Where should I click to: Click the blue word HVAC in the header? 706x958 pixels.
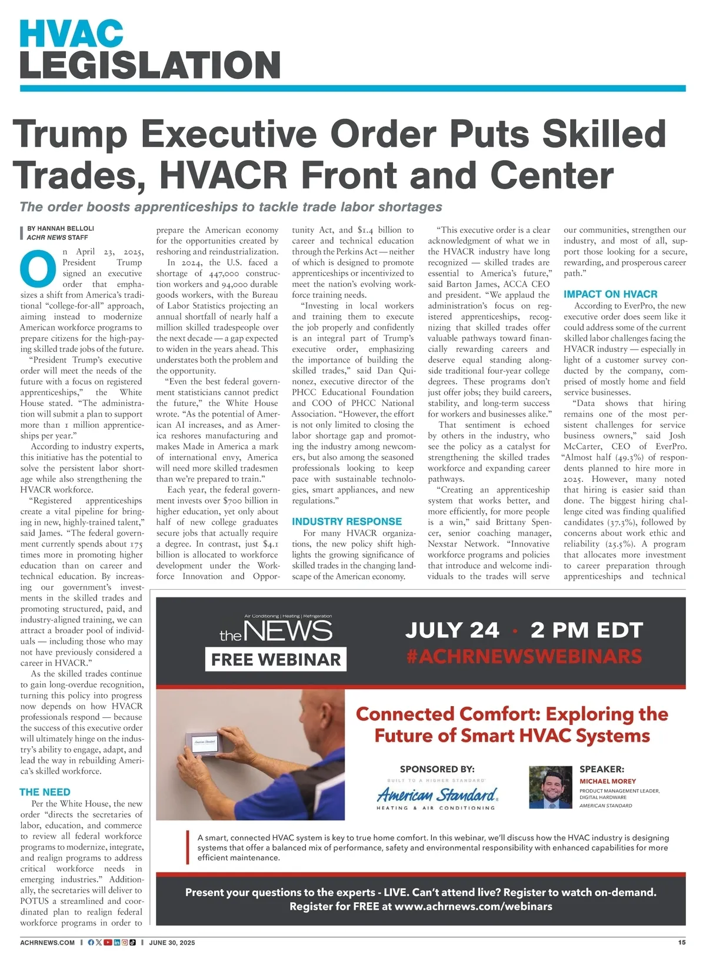[71, 34]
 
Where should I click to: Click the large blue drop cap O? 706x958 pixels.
[38, 268]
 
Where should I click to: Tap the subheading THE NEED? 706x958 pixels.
[45, 792]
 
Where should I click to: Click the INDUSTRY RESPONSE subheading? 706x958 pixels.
[347, 521]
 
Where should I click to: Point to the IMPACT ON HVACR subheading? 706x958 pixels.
[610, 294]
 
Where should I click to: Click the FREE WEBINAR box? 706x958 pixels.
[275, 660]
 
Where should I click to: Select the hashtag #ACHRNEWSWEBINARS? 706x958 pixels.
[524, 656]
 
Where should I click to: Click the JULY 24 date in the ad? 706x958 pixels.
[452, 630]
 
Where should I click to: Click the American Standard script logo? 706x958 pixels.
[437, 796]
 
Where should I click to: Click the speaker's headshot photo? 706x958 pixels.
[550, 787]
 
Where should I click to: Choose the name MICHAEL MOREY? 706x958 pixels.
[608, 781]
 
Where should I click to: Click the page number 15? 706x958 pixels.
[681, 942]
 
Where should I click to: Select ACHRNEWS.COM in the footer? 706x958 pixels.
[47, 943]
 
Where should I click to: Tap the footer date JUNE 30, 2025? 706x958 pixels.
[172, 943]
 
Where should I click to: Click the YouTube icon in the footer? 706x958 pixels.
[108, 943]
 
